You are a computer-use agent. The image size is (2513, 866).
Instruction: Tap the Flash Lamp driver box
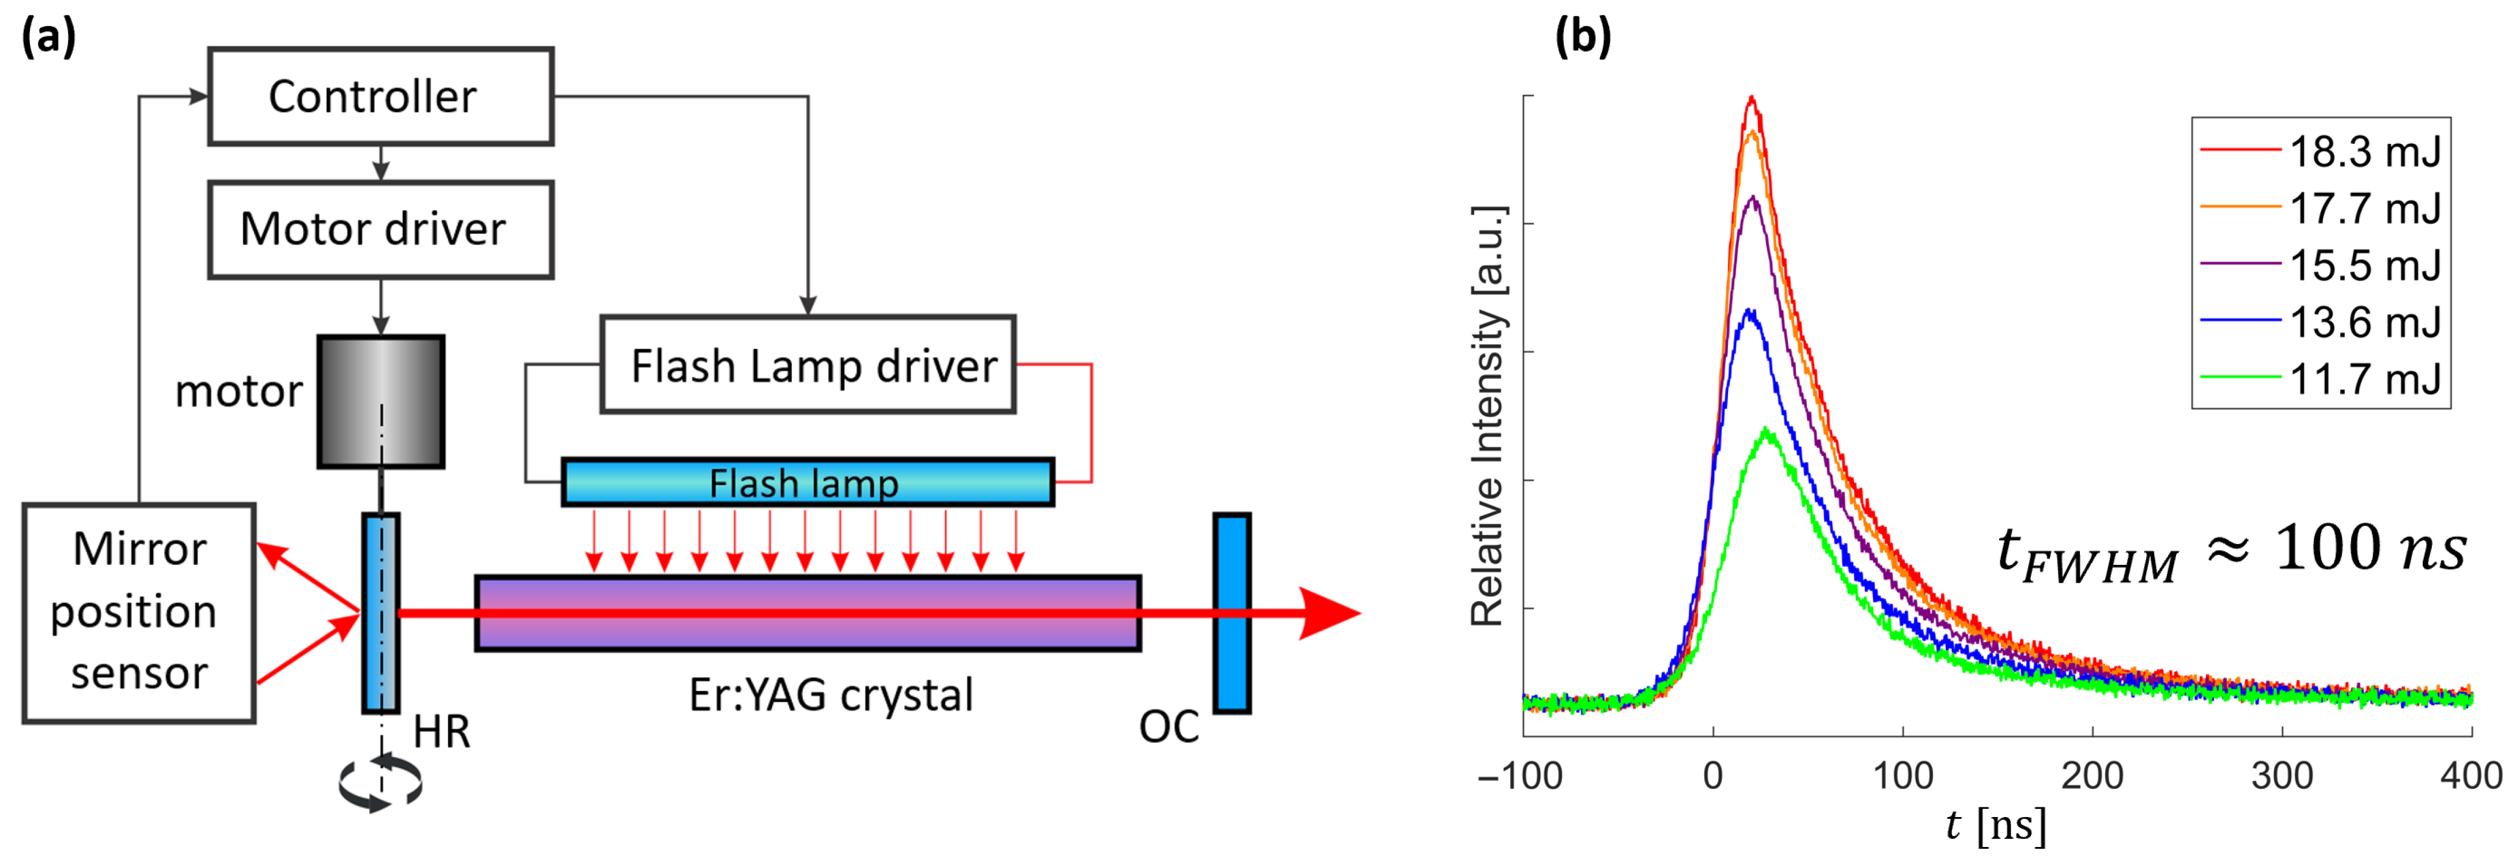point(808,364)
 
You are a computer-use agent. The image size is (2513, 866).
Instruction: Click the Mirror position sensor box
point(139,613)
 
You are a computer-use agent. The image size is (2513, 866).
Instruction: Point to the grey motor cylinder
point(381,402)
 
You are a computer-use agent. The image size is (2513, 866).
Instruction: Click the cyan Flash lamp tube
point(808,482)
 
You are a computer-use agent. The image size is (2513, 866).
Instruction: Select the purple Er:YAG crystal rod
point(808,613)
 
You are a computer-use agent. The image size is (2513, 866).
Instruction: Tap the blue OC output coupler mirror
point(1231,613)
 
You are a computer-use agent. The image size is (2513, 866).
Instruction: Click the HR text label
point(442,731)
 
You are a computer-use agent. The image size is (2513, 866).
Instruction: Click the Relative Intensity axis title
point(1488,416)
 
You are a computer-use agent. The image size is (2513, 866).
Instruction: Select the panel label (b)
point(1582,37)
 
